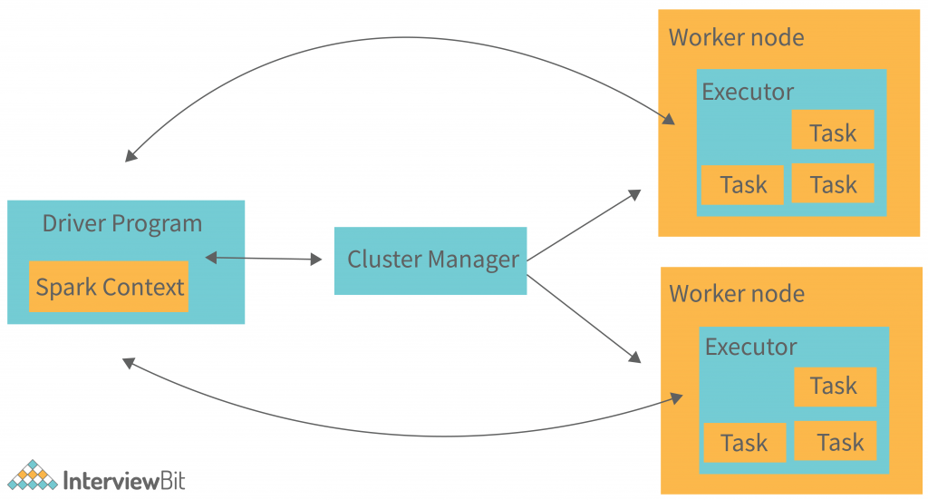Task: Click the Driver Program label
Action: (x=122, y=223)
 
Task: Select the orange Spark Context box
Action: (x=109, y=287)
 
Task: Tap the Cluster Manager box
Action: (x=430, y=260)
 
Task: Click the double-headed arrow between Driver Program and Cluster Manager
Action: (x=264, y=259)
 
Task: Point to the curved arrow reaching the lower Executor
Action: (x=408, y=434)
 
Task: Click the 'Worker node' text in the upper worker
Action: (x=736, y=37)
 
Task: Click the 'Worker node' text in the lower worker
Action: (x=736, y=294)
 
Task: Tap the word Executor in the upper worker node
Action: (x=748, y=92)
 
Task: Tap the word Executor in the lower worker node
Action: (x=750, y=347)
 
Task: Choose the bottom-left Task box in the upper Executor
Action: (x=742, y=185)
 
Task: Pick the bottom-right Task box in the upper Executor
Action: (x=833, y=184)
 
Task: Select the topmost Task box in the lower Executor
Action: (x=835, y=387)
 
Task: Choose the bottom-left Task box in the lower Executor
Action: (x=744, y=443)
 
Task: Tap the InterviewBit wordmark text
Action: (x=123, y=480)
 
